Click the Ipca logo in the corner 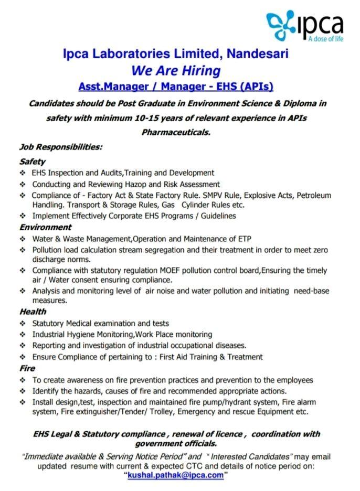[x=304, y=24]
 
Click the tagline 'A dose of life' [x=325, y=39]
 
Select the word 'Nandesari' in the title [x=258, y=54]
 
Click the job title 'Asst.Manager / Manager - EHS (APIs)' [x=176, y=86]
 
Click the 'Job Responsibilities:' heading [x=61, y=147]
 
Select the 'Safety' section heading [x=33, y=162]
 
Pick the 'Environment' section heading [x=45, y=227]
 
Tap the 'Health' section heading [x=33, y=312]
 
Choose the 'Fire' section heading [x=27, y=368]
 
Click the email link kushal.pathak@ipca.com [x=175, y=475]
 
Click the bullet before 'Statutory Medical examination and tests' [x=23, y=324]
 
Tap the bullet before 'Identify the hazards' [x=23, y=391]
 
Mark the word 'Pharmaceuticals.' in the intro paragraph [x=176, y=132]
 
